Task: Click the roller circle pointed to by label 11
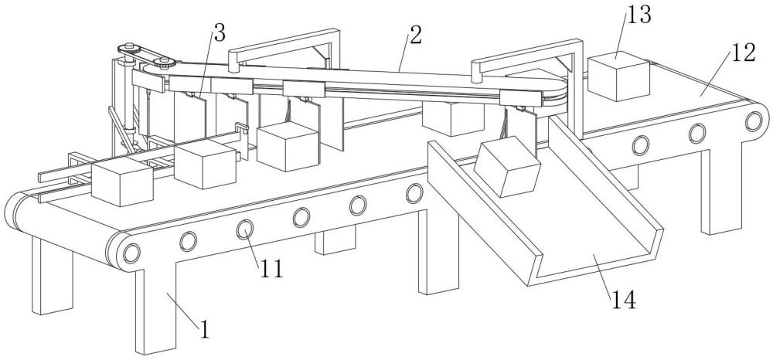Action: click(x=245, y=229)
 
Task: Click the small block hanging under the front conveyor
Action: click(x=335, y=241)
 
